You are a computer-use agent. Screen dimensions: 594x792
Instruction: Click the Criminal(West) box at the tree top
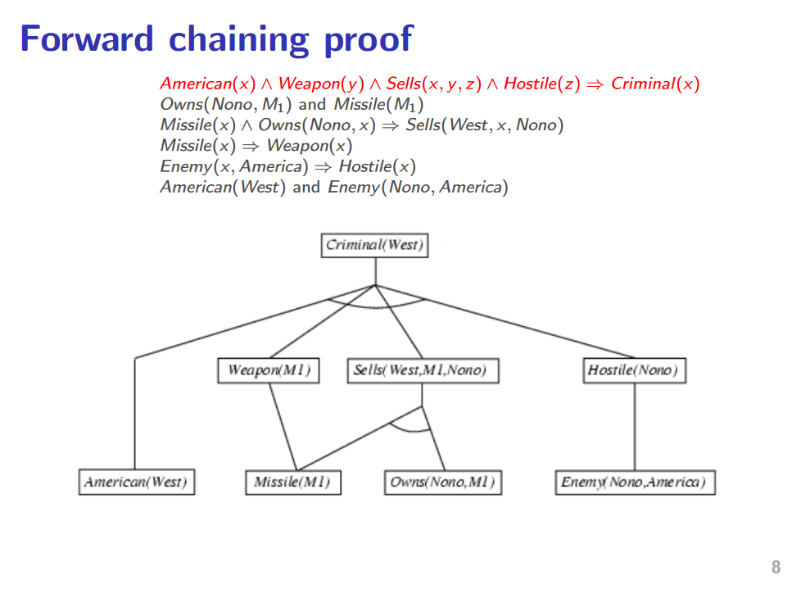pos(374,245)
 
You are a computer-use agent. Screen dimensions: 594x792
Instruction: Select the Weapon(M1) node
pos(269,370)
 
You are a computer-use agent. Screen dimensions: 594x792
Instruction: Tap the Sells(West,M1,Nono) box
pos(422,370)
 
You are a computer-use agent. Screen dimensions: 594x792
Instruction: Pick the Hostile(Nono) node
pos(634,370)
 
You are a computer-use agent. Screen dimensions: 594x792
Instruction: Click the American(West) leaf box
pos(135,482)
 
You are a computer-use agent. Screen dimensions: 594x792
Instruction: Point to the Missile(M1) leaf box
pos(292,482)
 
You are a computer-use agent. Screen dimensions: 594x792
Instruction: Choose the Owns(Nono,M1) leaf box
pos(442,482)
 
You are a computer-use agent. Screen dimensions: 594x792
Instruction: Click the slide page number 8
pos(776,567)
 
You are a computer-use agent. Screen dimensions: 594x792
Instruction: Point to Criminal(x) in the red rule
pos(655,84)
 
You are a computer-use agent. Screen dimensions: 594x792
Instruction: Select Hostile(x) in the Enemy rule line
pos(378,167)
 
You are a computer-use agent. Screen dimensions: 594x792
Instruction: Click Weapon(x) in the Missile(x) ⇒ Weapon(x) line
pos(310,146)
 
